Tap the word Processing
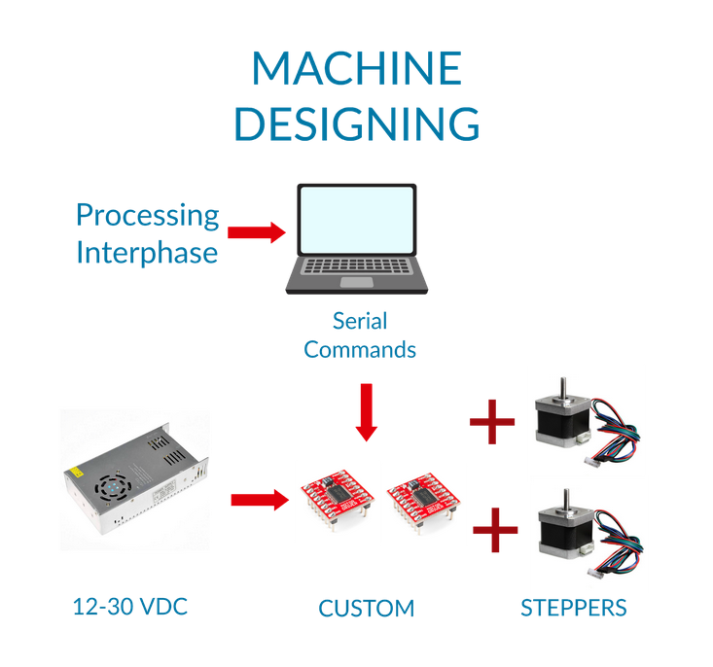147,214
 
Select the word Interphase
147,253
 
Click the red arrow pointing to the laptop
255,232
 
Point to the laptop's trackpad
356,282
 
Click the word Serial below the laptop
360,321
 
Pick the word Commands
360,349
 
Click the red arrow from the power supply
259,500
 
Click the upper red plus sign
493,423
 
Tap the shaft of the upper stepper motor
560,386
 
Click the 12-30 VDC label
129,607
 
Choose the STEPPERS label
573,608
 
